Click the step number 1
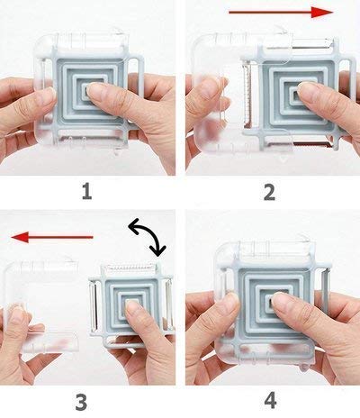point(87,192)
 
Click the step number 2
point(269,192)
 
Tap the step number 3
point(81,402)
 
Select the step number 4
point(270,400)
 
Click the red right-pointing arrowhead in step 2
point(322,12)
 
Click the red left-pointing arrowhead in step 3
point(20,237)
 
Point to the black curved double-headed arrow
point(147,237)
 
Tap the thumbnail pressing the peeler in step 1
point(97,92)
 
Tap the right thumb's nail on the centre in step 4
point(283,301)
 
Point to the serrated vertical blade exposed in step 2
point(247,92)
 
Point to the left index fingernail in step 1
point(49,92)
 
